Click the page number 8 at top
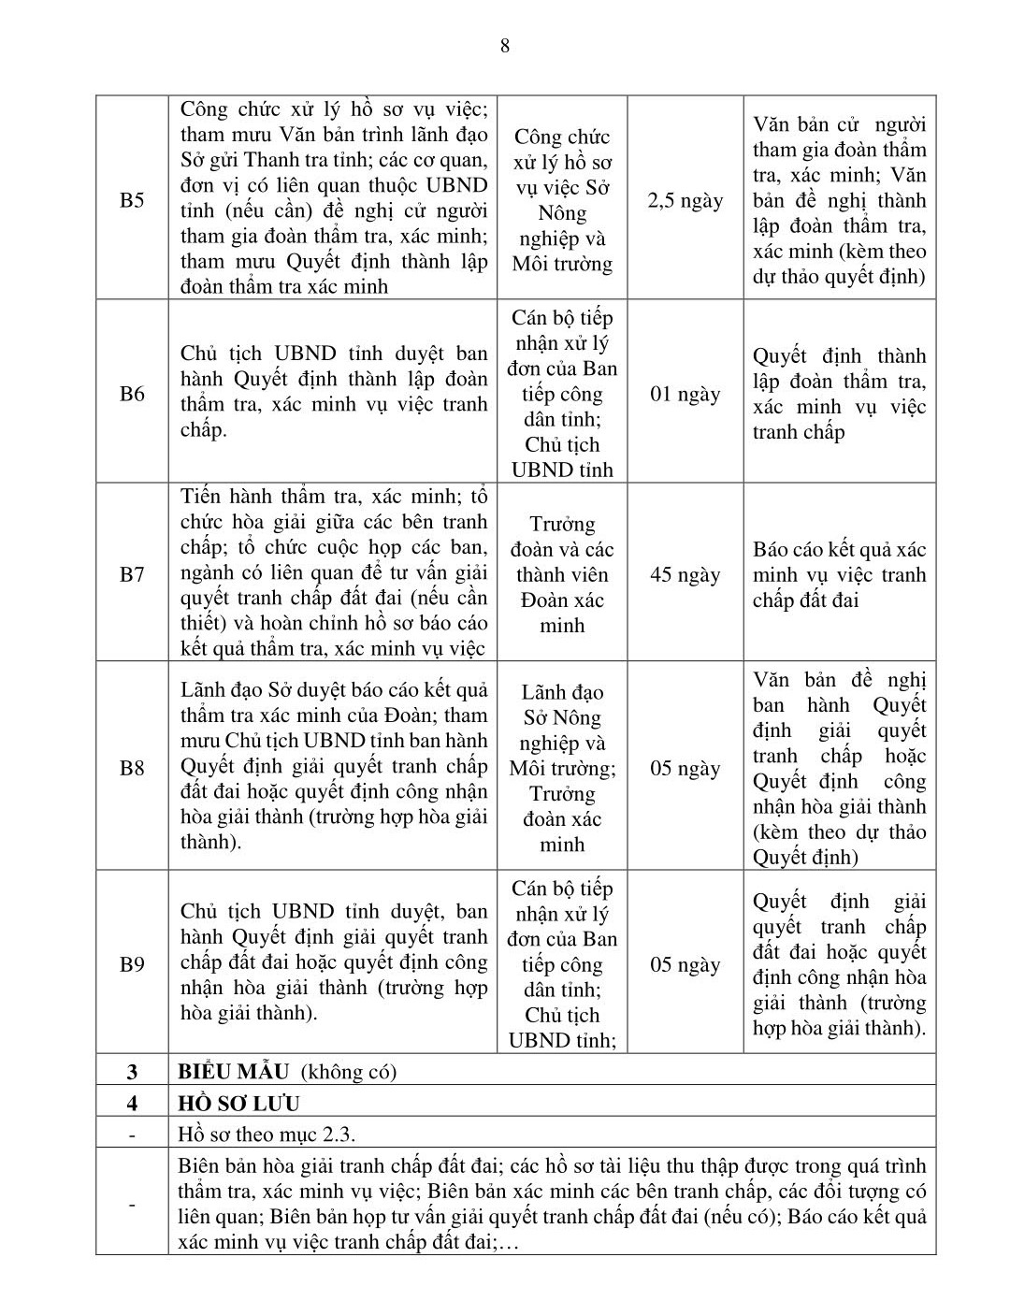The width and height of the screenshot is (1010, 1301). (505, 46)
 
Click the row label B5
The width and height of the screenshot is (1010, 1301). (132, 200)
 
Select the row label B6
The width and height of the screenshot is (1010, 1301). (132, 394)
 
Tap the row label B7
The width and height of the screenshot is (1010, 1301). (132, 574)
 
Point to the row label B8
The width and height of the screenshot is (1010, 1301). (132, 769)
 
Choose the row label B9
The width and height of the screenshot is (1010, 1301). (132, 964)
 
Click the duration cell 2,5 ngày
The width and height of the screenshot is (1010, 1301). (685, 200)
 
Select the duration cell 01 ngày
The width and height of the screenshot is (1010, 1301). (685, 394)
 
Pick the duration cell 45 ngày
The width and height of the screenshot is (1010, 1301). (685, 574)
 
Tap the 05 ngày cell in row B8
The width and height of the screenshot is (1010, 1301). (685, 769)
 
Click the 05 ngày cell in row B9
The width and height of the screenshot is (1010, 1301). (685, 964)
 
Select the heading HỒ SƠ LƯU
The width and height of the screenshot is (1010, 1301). (239, 1103)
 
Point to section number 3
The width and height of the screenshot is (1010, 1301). (132, 1072)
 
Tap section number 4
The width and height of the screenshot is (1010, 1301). (132, 1103)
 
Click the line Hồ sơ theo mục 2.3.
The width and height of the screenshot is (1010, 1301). (267, 1135)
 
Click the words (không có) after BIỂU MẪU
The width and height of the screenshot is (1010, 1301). (346, 1072)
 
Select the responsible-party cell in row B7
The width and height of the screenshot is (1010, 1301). (562, 574)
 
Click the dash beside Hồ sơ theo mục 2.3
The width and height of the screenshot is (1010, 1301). (132, 1135)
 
